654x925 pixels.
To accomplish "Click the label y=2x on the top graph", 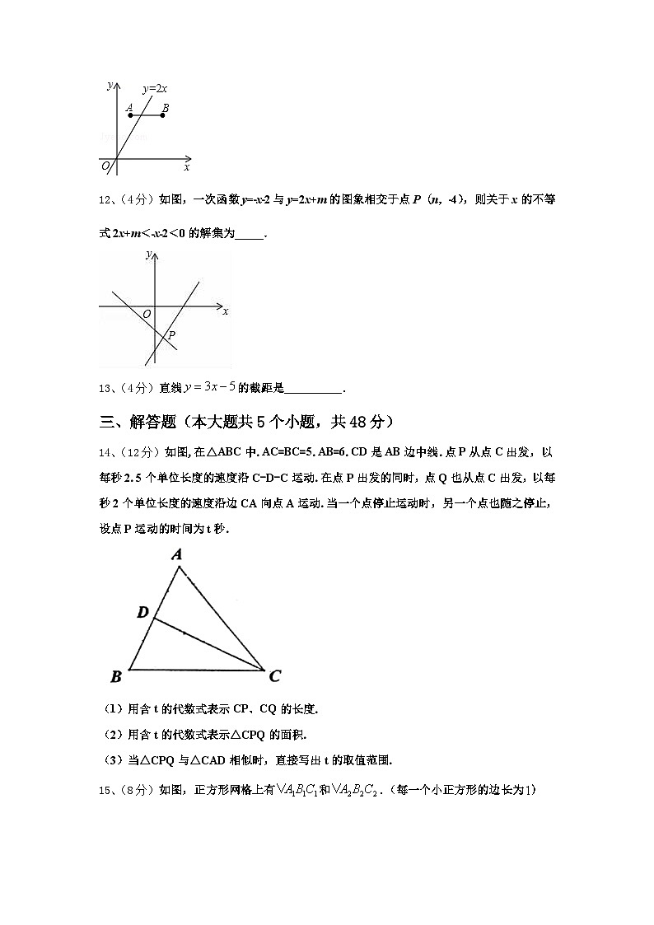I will click(x=155, y=88).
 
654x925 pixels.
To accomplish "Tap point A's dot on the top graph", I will click(x=130, y=115).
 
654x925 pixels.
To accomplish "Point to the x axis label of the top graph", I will click(x=187, y=168).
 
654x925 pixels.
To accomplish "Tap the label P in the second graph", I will click(x=171, y=335).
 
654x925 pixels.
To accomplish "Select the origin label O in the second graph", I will click(x=146, y=315).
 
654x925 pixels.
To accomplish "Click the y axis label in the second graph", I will click(x=148, y=256).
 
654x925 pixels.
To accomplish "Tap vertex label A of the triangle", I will click(x=177, y=555).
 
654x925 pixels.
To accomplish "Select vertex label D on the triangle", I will click(x=142, y=612).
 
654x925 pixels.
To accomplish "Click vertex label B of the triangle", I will click(x=116, y=677).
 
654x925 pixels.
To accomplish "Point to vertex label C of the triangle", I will click(x=275, y=676).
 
